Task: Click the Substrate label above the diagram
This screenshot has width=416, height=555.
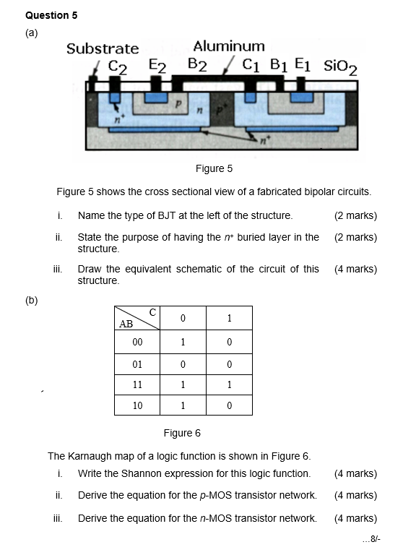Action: click(x=103, y=48)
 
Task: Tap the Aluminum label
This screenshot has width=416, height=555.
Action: click(x=229, y=46)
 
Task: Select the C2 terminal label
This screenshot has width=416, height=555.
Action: click(x=118, y=67)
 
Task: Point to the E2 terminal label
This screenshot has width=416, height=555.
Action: click(x=157, y=66)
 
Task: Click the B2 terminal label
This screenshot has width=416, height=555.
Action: click(x=197, y=65)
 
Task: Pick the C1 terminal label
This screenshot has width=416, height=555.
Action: click(x=251, y=65)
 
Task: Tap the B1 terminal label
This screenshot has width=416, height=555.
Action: click(x=279, y=65)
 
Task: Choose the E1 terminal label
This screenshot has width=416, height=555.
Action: click(x=303, y=65)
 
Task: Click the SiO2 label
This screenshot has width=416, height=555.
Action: click(x=340, y=67)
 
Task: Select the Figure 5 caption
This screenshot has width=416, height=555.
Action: click(x=214, y=168)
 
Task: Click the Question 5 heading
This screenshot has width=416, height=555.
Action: click(x=51, y=15)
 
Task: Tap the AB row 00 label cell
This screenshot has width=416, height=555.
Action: click(x=137, y=342)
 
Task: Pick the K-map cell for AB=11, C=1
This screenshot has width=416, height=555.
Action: click(x=229, y=384)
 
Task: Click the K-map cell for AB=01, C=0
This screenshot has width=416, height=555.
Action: click(x=183, y=364)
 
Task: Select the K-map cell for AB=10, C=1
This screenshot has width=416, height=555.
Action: click(x=229, y=405)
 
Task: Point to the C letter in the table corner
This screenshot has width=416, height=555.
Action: click(x=152, y=312)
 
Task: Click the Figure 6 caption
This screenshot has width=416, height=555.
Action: click(x=182, y=433)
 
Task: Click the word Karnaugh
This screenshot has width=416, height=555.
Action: click(x=89, y=456)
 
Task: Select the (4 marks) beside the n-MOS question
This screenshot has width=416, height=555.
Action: click(x=355, y=518)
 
